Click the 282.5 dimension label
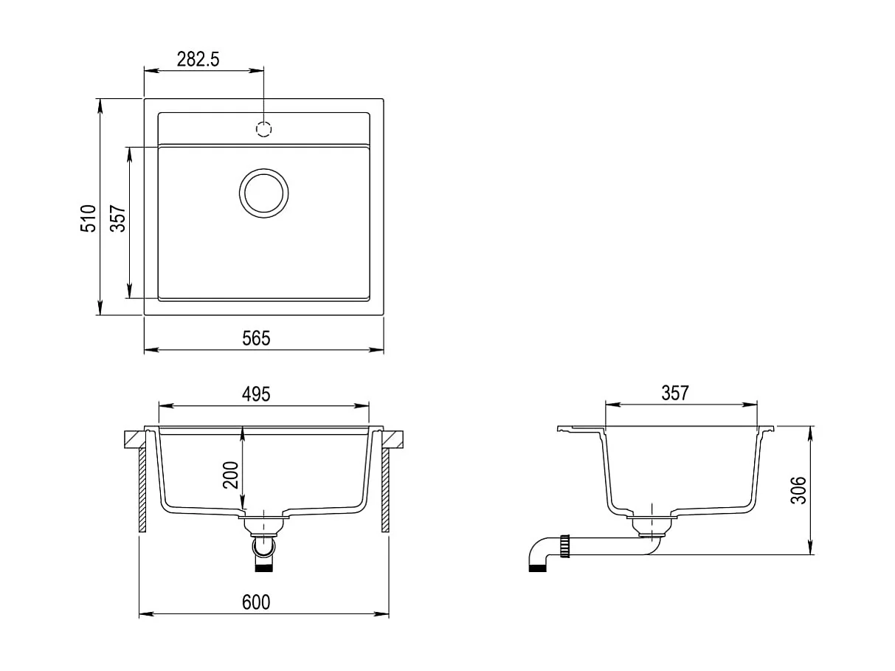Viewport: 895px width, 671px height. tap(198, 59)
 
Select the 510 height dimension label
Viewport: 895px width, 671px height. tap(88, 218)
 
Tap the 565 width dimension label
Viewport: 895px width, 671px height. tap(256, 338)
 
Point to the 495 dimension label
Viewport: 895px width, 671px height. tap(256, 394)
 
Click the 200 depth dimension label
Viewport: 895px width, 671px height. tap(230, 475)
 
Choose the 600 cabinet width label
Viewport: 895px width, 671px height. tap(256, 602)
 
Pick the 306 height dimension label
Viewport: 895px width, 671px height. tap(798, 490)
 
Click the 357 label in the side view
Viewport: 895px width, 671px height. tap(675, 393)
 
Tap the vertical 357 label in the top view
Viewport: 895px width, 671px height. tap(118, 218)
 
